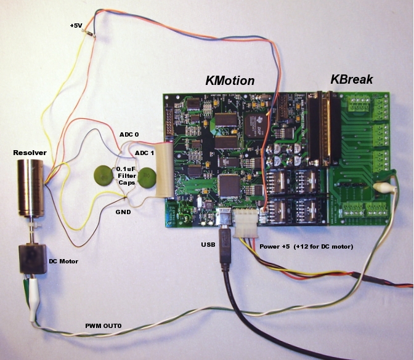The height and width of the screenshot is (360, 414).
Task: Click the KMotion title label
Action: [x=229, y=81]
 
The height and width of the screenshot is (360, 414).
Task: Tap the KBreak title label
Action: [x=351, y=79]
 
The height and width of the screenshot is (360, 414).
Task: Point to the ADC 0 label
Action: [x=130, y=134]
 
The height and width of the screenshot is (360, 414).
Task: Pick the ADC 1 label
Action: [x=145, y=153]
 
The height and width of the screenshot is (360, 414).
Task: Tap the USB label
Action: [x=208, y=245]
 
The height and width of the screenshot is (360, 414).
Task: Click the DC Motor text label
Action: [x=64, y=260]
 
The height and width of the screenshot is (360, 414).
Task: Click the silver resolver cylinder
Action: [x=30, y=186]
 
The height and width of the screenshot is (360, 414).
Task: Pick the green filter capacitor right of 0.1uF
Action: [x=147, y=178]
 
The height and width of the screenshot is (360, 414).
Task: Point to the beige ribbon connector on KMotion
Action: [x=163, y=170]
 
